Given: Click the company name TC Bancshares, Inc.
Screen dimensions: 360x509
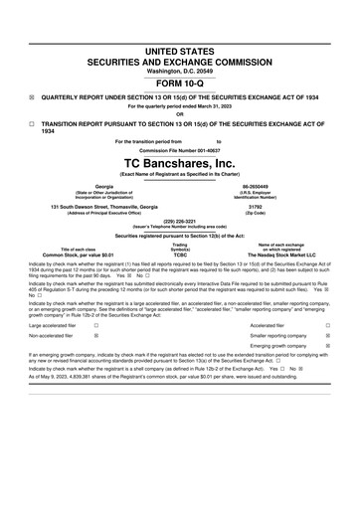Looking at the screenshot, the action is [x=179, y=161].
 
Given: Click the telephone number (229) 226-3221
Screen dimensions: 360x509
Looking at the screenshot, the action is [x=179, y=223].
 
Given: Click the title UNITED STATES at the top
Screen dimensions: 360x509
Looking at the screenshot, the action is [x=179, y=51].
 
